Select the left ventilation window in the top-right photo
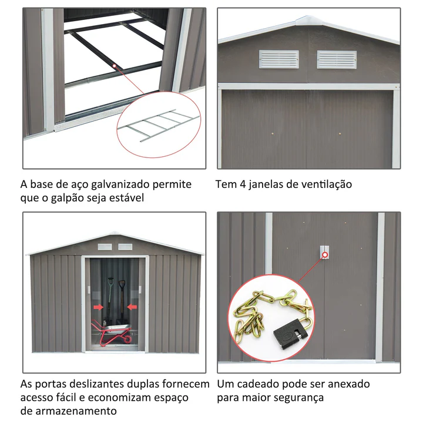[278, 59]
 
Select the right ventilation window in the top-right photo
[337, 59]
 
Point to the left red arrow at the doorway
[99, 307]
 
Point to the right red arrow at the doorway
[132, 307]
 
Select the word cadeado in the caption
[257, 384]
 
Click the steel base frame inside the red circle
[159, 125]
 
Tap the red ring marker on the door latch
[325, 254]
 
